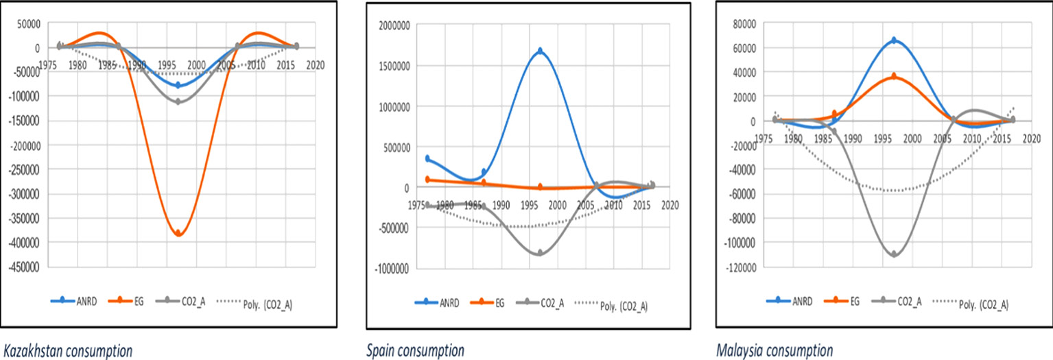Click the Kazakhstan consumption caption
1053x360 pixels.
68,351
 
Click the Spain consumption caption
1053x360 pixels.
416,351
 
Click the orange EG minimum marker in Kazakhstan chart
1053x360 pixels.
179,233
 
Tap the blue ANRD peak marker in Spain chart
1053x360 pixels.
541,51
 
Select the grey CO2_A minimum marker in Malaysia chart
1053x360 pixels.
894,254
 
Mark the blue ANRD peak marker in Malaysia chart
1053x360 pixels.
894,40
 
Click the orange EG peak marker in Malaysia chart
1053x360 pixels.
894,76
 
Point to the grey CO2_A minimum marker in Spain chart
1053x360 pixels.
541,253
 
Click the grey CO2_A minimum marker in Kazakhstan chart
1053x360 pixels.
179,101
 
